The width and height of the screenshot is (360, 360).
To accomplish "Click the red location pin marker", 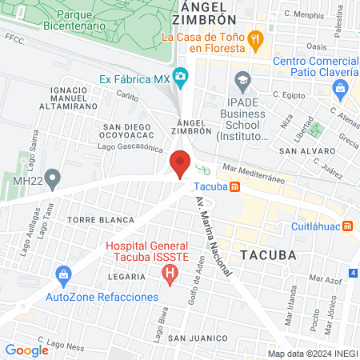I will pyautogui.click(x=180, y=163).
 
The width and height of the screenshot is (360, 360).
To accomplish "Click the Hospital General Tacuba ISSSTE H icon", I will pyautogui.click(x=169, y=275).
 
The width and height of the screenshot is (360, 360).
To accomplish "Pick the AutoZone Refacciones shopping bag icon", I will pyautogui.click(x=62, y=277).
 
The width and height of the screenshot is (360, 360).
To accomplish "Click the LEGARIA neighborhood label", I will pyautogui.click(x=126, y=276).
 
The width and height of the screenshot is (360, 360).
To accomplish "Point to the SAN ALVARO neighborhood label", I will pyautogui.click(x=301, y=150).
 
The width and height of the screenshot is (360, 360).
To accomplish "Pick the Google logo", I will pyautogui.click(x=26, y=350).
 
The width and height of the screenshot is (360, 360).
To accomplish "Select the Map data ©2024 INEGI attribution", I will pyautogui.click(x=312, y=354).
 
